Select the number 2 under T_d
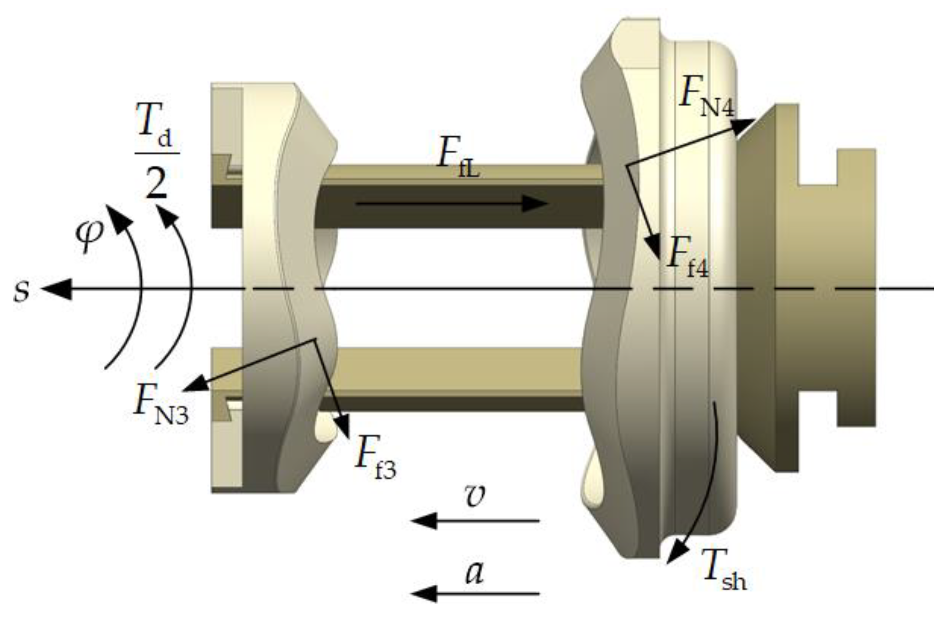pos(156,181)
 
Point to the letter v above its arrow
pos(474,496)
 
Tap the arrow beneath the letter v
pos(475,521)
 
